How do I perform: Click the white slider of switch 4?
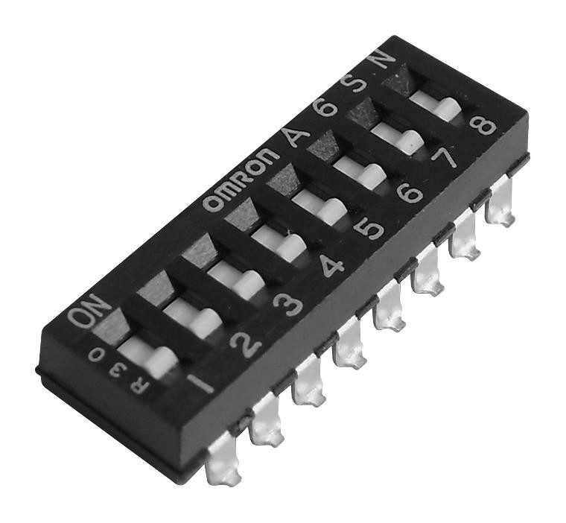(279, 244)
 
